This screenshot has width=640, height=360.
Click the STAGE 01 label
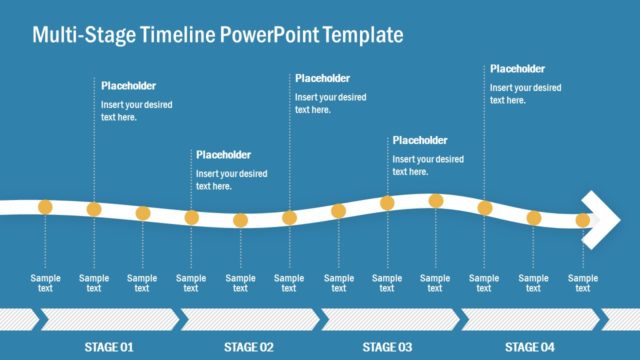pyautogui.click(x=108, y=347)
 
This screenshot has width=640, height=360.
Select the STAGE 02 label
pyautogui.click(x=248, y=347)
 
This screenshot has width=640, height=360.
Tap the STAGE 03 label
pyautogui.click(x=387, y=347)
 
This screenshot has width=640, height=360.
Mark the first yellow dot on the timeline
pyautogui.click(x=45, y=207)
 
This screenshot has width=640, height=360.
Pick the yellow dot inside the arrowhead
pyautogui.click(x=583, y=220)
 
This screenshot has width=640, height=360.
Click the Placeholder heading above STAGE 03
pyautogui.click(x=420, y=140)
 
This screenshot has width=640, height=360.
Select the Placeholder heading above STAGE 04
pyautogui.click(x=517, y=69)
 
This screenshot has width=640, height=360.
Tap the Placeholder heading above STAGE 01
pyautogui.click(x=129, y=86)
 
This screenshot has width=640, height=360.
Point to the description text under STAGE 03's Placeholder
pyautogui.click(x=428, y=165)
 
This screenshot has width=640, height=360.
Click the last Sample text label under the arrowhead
pyautogui.click(x=583, y=283)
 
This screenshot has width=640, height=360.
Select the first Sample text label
pyautogui.click(x=45, y=283)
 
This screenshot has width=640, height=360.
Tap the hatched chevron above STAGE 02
pyautogui.click(x=248, y=319)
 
